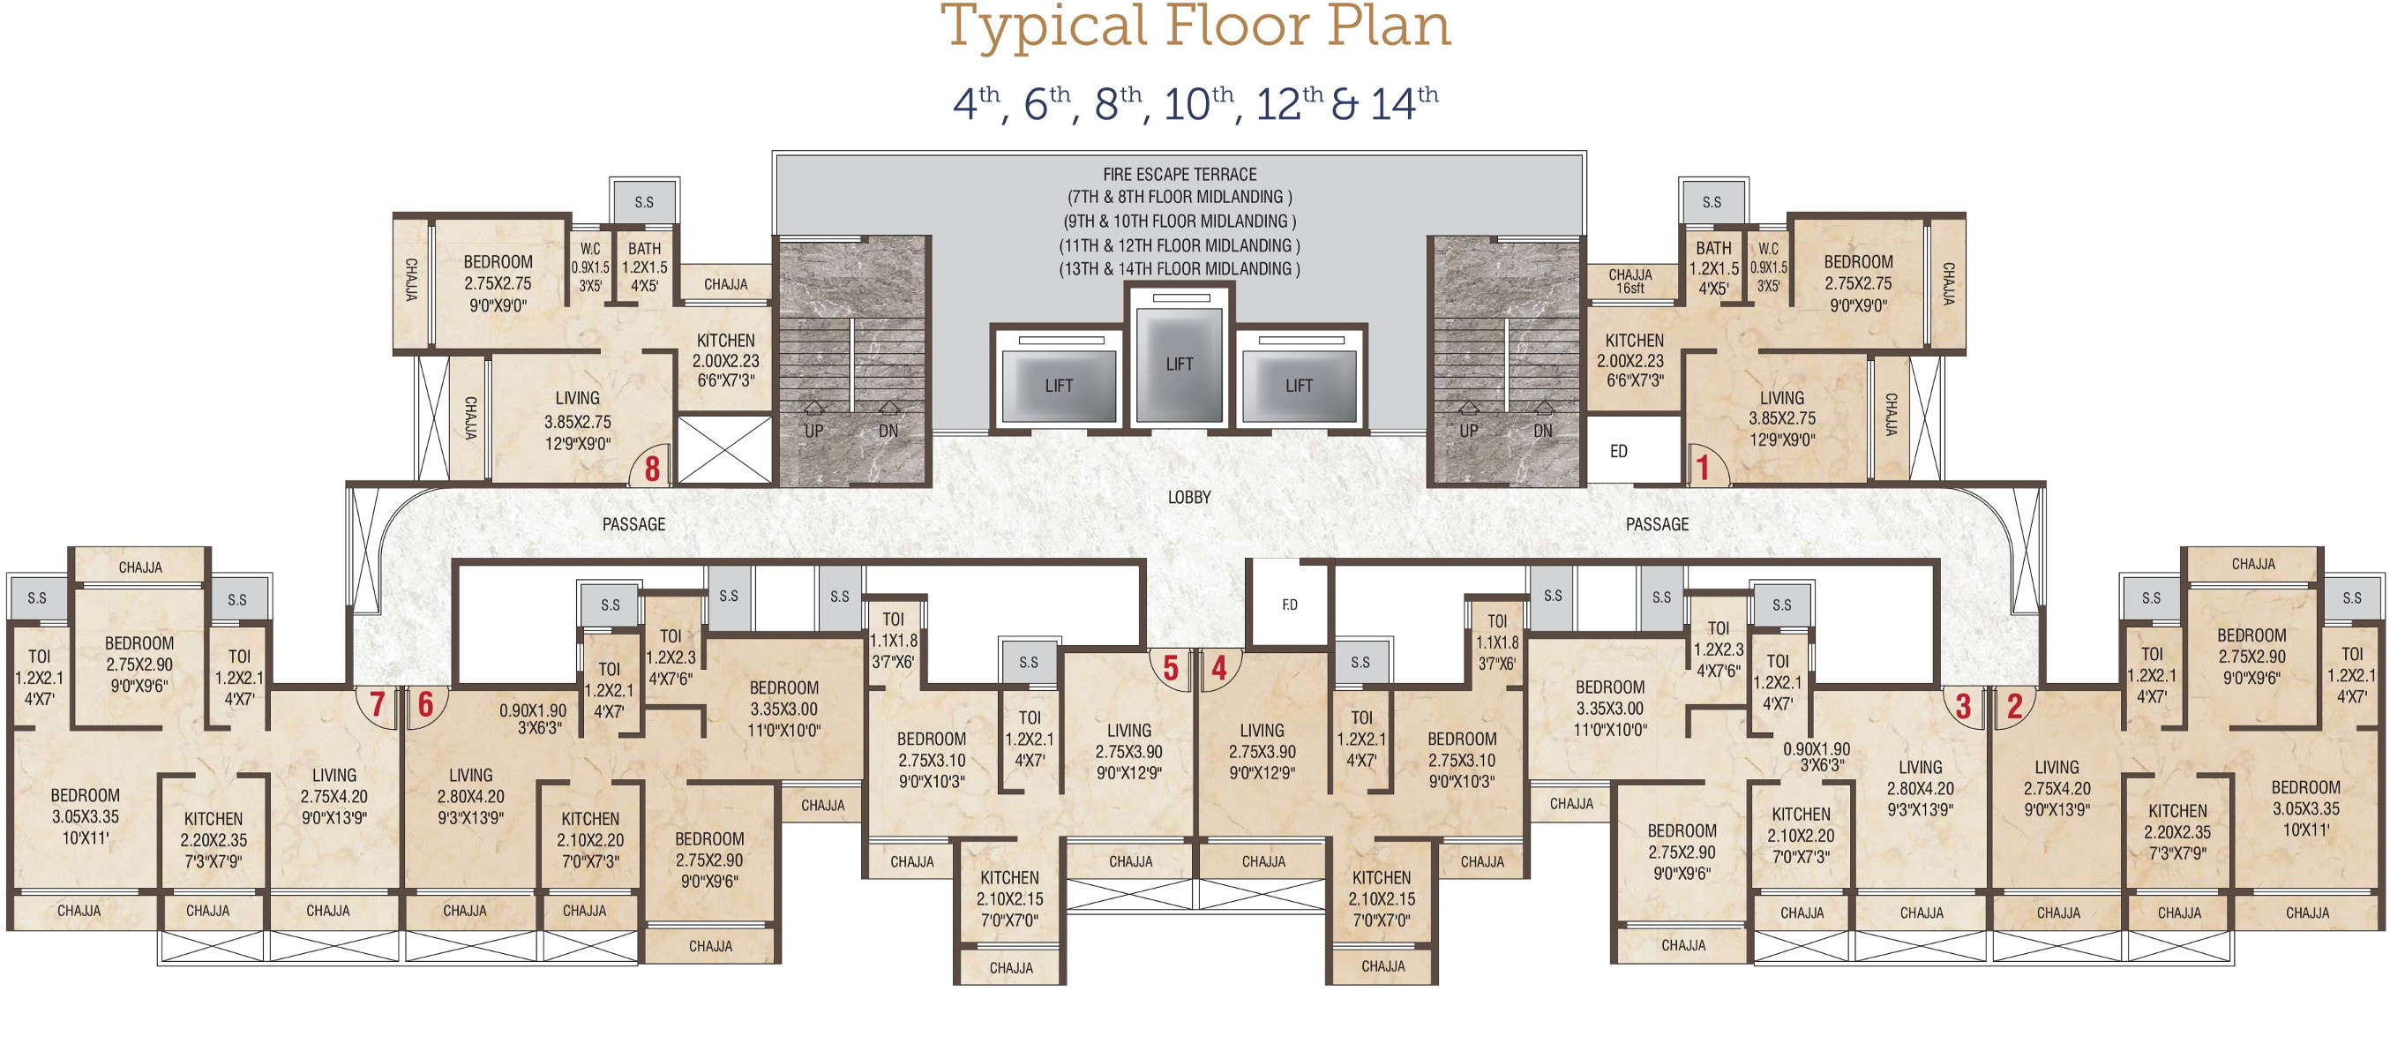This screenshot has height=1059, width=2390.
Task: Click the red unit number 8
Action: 652,469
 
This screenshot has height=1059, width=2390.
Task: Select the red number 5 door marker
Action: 1171,667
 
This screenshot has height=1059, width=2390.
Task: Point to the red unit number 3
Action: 1963,706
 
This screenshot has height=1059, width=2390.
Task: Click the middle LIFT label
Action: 1180,364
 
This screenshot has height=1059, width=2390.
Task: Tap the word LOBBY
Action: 1189,498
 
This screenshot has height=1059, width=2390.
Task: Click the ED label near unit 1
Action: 1619,451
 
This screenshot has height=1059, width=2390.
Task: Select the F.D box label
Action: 1290,605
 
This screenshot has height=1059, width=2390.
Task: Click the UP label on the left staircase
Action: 813,431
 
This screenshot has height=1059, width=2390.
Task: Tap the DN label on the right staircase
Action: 1543,431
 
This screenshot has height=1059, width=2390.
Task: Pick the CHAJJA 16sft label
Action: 1630,282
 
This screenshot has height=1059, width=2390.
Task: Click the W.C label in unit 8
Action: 590,249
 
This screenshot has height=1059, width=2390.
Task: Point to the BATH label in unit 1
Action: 1713,248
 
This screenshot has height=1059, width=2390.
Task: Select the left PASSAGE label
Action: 633,524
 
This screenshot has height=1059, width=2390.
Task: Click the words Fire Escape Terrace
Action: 1180,174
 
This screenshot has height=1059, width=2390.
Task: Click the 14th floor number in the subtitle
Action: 1404,103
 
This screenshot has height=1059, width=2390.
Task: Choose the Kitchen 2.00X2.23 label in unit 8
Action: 725,360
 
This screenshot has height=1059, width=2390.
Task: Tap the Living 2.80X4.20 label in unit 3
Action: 1921,788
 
